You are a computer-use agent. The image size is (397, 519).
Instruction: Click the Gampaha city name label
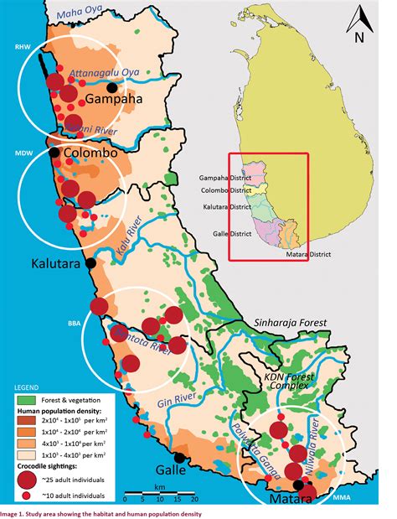113,100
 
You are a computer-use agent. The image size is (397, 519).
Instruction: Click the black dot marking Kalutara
91,262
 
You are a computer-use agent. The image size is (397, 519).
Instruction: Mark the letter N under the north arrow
358,37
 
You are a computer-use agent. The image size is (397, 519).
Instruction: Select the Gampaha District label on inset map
224,177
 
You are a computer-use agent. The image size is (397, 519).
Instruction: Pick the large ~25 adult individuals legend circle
29,479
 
